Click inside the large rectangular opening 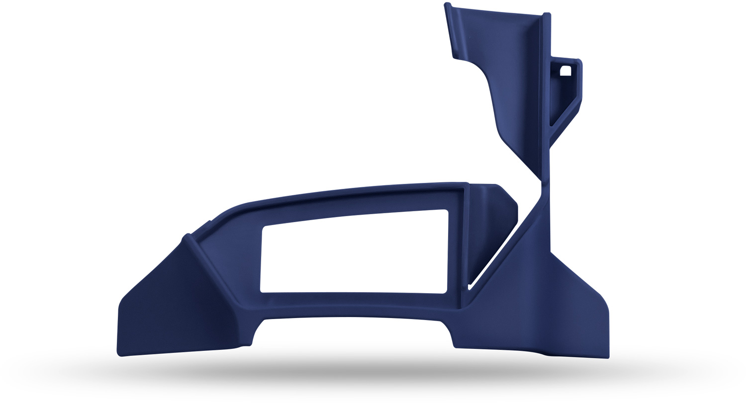coord(353,253)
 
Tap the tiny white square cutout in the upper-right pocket coord(565,71)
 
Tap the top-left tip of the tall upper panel coord(447,4)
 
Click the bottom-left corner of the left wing coord(120,354)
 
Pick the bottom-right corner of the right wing coord(607,356)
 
